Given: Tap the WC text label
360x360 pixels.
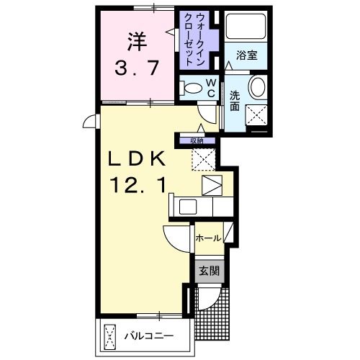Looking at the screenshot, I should [x=211, y=88].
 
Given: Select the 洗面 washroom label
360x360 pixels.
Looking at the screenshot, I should [x=235, y=101].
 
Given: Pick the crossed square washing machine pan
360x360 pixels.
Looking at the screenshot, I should [x=258, y=114].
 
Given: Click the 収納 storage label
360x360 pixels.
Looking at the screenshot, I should [x=197, y=141].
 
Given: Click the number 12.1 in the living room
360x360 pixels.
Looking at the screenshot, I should [x=140, y=186].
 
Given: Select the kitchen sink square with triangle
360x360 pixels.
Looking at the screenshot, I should [x=213, y=186].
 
